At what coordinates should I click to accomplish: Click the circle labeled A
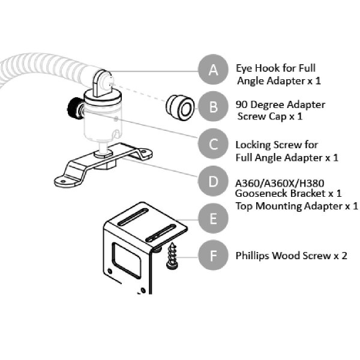(x=214, y=70)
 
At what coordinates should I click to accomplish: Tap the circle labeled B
(x=214, y=108)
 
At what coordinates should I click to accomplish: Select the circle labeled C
(x=214, y=145)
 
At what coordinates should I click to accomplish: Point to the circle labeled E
(x=214, y=218)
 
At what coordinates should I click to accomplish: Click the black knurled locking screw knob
(x=73, y=109)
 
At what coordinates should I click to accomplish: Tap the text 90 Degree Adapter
(x=272, y=104)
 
